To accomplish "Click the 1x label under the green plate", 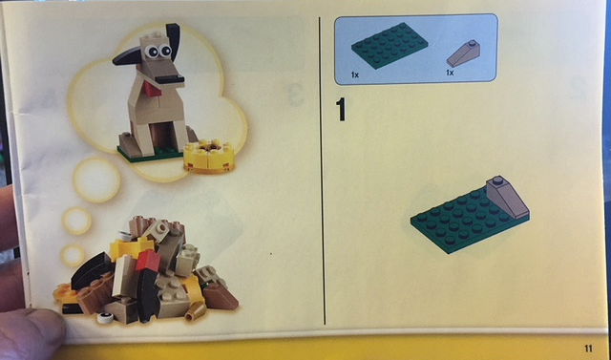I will [x=355, y=73].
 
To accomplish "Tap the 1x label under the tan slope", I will [x=449, y=73].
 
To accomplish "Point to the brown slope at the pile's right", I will [x=219, y=297].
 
